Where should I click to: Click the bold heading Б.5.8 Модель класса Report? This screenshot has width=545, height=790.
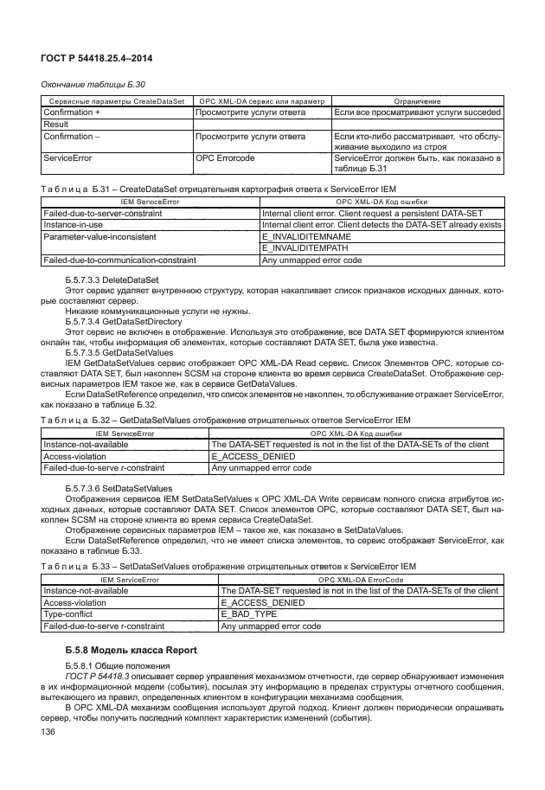[x=131, y=650]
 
